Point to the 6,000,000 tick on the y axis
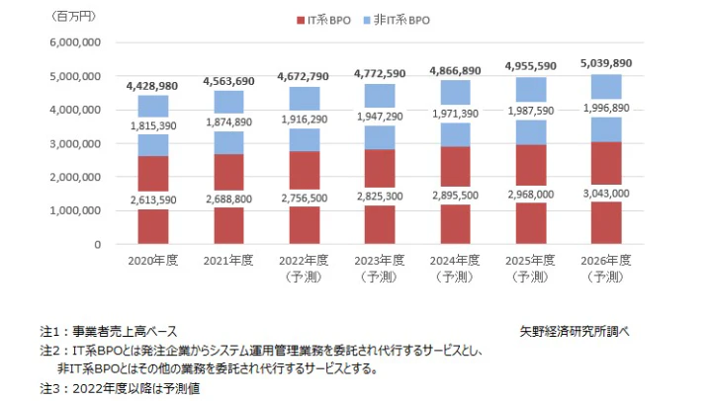click(x=72, y=42)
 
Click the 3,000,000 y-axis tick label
click(x=72, y=143)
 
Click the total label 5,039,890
click(x=593, y=62)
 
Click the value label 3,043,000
click(x=593, y=193)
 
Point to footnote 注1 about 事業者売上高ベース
click(x=109, y=332)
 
